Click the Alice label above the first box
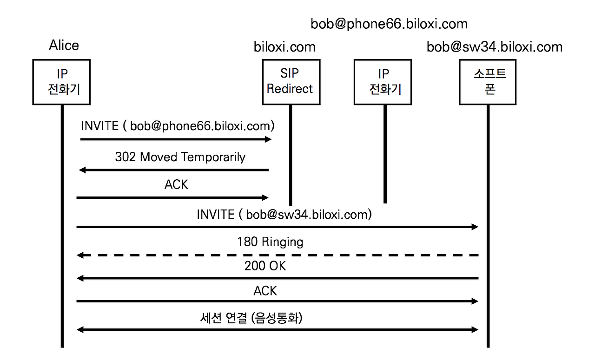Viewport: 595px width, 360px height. coord(64,46)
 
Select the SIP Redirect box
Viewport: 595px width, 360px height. coord(290,82)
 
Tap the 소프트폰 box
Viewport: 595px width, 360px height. coord(488,82)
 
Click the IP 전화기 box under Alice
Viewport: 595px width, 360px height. coord(61,82)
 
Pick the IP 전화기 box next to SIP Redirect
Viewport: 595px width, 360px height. coord(382,82)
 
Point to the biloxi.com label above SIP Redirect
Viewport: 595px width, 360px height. coord(284,47)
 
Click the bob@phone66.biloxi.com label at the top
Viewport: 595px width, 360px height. coord(389,23)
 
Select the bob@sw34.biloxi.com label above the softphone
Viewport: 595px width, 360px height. coord(495,47)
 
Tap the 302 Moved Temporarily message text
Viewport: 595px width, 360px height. coord(180,157)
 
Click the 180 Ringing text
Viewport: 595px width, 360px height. coord(270,242)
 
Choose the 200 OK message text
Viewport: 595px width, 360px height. coord(265,266)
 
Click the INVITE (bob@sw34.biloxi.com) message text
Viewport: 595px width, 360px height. coord(284,215)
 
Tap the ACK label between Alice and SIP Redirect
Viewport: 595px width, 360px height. coord(176,185)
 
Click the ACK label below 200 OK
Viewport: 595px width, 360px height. coord(265,291)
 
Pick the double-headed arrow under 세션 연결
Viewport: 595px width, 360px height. coord(278,330)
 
